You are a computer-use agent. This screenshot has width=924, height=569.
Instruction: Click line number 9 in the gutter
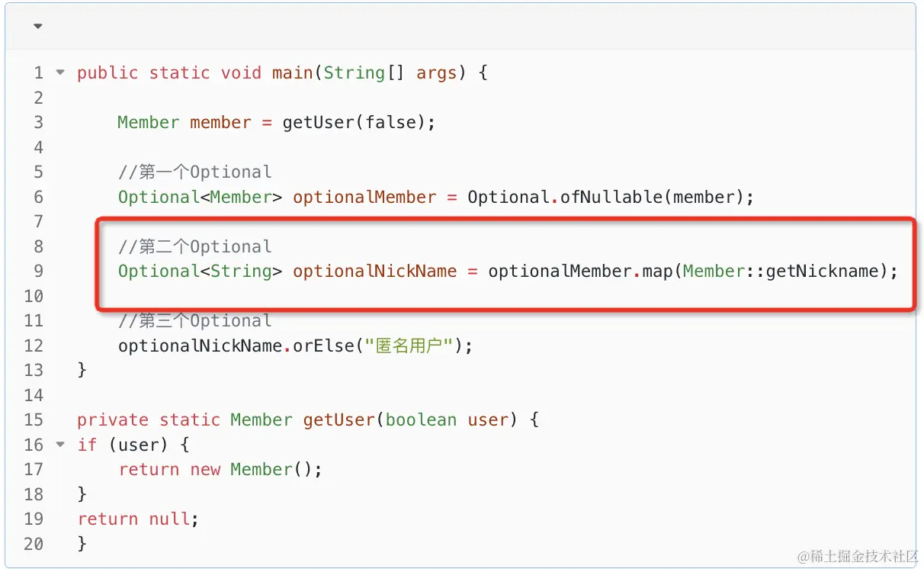pos(38,271)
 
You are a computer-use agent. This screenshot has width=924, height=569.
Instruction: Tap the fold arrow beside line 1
pos(60,73)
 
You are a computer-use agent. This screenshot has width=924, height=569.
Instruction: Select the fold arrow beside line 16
pos(60,445)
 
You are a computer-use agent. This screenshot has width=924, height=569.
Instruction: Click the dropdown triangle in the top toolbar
pos(37,27)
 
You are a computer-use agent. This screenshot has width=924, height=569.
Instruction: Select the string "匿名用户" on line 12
pos(411,346)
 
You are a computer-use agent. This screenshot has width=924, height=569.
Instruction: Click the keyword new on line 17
pos(205,469)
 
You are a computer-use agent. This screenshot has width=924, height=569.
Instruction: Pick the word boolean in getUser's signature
pos(420,420)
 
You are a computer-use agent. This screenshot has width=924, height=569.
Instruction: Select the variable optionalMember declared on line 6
pos(364,197)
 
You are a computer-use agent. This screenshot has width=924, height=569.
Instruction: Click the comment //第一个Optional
pos(194,172)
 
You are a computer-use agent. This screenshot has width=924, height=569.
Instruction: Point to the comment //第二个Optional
pos(194,246)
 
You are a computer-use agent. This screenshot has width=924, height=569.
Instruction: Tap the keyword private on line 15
pos(112,420)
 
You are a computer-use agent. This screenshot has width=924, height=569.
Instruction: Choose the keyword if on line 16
pos(87,445)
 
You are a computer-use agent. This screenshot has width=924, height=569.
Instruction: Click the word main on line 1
pos(292,73)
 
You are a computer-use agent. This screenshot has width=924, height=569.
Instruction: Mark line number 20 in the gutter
pos(34,544)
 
